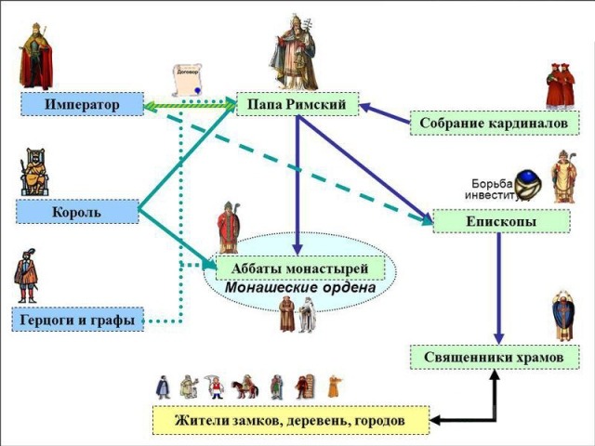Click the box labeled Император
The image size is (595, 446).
click(x=82, y=104)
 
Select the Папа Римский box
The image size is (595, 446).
click(x=297, y=104)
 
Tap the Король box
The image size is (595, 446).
click(x=76, y=212)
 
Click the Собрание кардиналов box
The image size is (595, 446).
click(x=493, y=123)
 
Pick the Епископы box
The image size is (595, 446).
click(x=500, y=221)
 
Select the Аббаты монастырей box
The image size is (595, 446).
click(x=300, y=269)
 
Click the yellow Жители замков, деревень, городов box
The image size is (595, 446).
click(x=290, y=420)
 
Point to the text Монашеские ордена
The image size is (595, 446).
click(x=300, y=288)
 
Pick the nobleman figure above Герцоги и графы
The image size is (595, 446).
click(x=26, y=275)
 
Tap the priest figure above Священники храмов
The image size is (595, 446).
click(x=562, y=316)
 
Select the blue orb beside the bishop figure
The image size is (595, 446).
click(x=530, y=182)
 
